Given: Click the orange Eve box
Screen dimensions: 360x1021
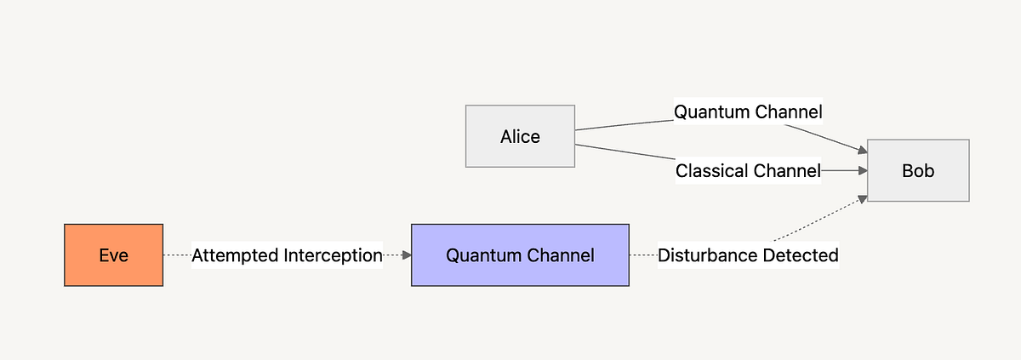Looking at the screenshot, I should click(113, 254).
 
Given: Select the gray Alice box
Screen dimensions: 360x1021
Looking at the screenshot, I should click(520, 136).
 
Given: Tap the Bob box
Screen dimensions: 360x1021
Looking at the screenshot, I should click(918, 170).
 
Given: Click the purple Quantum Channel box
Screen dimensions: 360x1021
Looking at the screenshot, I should click(520, 254).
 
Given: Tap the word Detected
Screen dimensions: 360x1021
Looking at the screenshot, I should click(803, 254).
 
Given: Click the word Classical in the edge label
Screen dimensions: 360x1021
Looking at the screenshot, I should click(710, 171).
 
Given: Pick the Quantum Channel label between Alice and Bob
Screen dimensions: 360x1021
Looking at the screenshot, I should click(748, 111).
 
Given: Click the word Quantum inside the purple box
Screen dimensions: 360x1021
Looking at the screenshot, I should click(480, 254).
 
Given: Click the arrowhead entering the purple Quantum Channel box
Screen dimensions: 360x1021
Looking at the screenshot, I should click(406, 254).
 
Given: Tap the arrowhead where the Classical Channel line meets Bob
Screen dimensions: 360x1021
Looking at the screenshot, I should click(861, 170).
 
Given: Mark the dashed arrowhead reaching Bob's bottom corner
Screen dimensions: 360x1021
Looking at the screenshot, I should click(861, 199).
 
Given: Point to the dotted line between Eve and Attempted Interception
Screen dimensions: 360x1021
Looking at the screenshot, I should click(177, 254).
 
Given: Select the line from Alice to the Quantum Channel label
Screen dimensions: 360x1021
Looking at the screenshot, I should click(625, 125).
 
